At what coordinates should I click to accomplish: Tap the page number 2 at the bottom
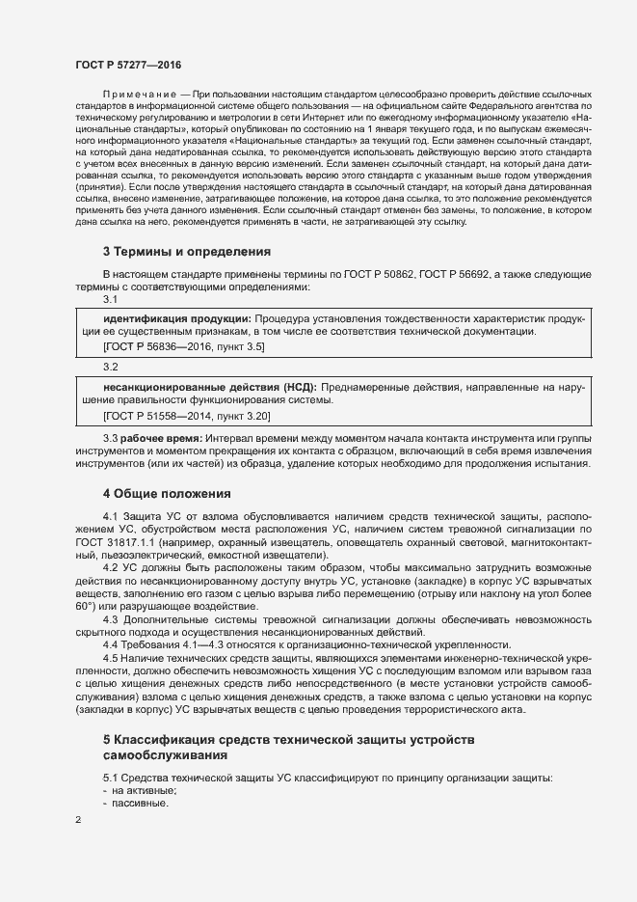tap(78, 820)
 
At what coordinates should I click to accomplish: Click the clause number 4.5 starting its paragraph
tap(111, 658)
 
